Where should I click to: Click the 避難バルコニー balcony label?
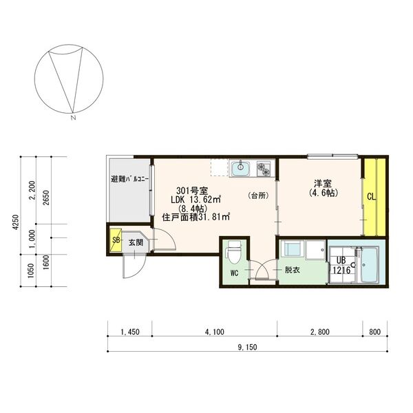click(129, 179)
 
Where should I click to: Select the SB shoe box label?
click(116, 240)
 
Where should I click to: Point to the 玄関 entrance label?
click(136, 242)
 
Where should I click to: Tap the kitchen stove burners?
click(264, 167)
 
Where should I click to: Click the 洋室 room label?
click(323, 183)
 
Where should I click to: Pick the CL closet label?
click(371, 197)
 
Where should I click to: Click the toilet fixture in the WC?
click(234, 252)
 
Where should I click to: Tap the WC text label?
click(233, 273)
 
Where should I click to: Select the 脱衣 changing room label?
click(292, 270)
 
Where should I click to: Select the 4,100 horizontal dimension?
click(214, 332)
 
